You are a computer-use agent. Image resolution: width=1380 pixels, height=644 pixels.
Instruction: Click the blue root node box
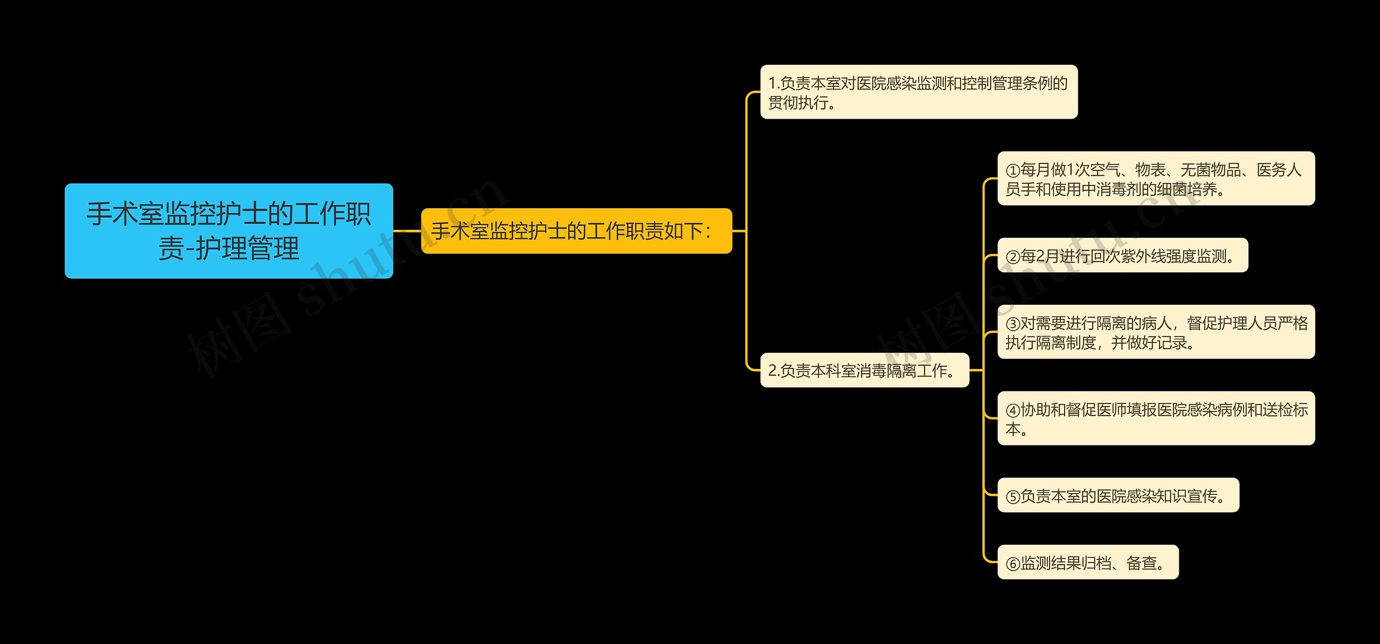coord(229,231)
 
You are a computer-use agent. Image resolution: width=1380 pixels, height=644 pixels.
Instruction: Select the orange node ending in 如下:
coord(576,231)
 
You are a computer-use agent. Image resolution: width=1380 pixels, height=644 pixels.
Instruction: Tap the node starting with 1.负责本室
coord(919,92)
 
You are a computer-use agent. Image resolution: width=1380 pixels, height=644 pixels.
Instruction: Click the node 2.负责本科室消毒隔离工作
coord(864,371)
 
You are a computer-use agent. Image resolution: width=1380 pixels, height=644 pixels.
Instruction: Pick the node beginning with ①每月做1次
coord(1156,179)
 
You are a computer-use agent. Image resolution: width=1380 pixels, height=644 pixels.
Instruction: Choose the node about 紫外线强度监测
coord(1122,256)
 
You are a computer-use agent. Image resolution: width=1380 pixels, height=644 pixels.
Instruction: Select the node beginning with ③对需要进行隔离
coord(1156,332)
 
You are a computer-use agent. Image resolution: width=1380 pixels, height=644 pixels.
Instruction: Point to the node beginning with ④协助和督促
coord(1156,419)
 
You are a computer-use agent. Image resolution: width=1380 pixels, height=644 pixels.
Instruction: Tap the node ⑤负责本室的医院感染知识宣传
coord(1118,496)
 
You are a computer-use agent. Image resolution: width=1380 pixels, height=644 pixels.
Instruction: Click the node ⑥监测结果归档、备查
coord(1088,563)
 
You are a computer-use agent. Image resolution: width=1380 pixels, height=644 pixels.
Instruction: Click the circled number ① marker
coord(1013,171)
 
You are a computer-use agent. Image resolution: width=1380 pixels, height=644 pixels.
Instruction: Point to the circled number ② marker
coord(1013,257)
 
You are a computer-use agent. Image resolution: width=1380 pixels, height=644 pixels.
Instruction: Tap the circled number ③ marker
coord(1013,324)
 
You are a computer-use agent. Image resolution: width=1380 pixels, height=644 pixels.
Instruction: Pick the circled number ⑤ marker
coord(1013,497)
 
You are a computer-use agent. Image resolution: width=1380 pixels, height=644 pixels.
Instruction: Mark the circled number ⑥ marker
coord(1013,564)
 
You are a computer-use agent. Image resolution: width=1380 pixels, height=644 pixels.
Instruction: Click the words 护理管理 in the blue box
coord(247,249)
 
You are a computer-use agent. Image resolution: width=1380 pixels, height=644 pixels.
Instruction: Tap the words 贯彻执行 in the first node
coord(798,102)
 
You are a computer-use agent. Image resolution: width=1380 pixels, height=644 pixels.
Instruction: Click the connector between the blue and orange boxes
coord(407,231)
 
